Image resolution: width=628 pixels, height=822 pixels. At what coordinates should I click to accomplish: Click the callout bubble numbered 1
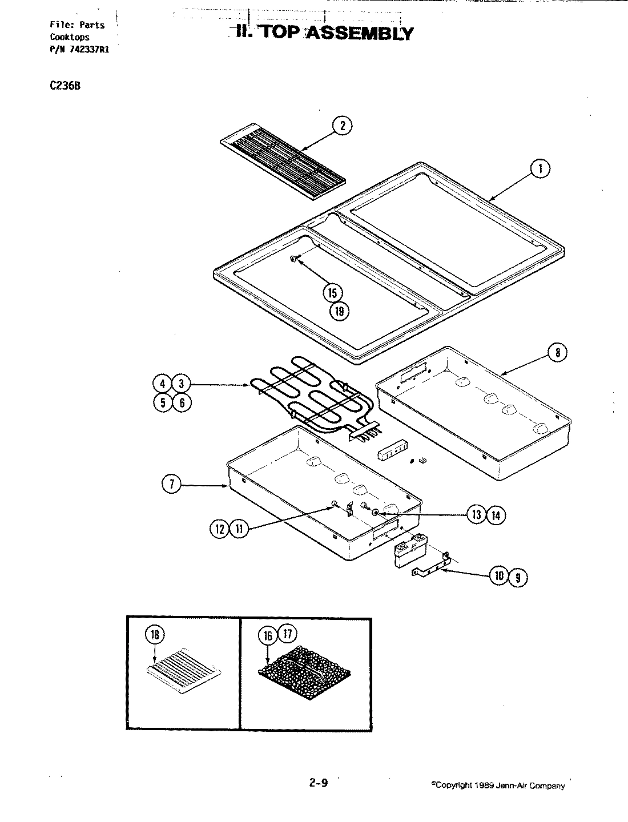540,168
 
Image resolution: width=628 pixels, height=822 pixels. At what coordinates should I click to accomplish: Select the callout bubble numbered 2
342,126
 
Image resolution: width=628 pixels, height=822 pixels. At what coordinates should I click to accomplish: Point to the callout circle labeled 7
171,485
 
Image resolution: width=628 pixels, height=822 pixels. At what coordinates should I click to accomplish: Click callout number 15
333,293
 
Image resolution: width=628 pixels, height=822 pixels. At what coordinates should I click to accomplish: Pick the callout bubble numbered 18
156,634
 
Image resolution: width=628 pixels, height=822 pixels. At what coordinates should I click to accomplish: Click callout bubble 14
496,515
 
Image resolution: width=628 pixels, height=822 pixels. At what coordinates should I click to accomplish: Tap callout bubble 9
518,577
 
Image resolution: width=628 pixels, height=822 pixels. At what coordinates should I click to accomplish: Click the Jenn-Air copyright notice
498,785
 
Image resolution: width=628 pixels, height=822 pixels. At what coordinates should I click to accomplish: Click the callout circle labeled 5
163,402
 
